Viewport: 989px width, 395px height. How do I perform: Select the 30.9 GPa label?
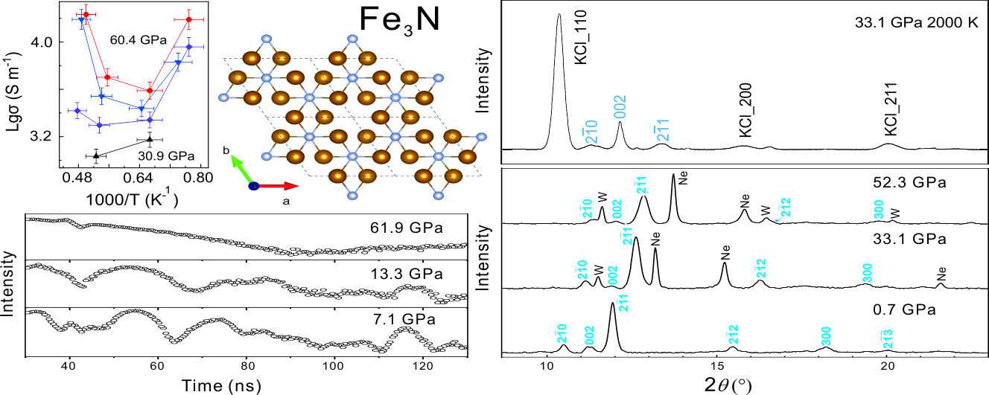[165, 155]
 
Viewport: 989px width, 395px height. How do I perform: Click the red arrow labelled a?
[279, 186]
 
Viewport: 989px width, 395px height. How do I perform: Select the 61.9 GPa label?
[408, 227]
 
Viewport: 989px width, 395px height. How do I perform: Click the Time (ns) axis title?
[246, 386]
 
